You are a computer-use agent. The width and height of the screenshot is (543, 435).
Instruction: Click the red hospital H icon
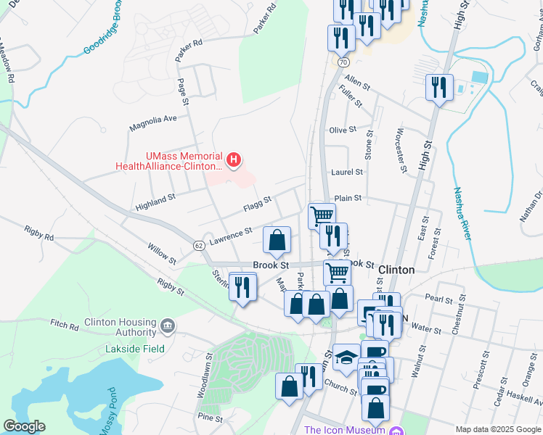click(234, 159)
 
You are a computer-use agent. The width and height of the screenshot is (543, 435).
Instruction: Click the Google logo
click(24, 426)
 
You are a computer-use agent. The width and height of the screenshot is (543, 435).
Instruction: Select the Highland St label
click(155, 202)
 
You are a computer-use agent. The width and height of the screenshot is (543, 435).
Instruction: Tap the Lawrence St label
click(230, 236)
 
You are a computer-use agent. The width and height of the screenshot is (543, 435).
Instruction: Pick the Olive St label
click(343, 130)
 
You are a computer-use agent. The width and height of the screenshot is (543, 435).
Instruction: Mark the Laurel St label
click(346, 173)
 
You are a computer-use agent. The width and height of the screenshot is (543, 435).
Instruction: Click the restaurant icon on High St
click(439, 88)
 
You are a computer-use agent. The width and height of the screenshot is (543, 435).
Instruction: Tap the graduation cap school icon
click(346, 357)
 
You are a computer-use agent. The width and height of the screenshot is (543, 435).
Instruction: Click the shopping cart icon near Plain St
click(322, 215)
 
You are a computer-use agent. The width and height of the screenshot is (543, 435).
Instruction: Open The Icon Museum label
click(344, 430)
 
